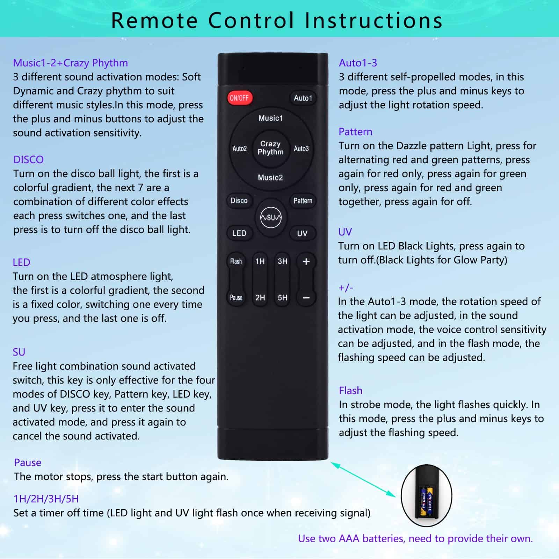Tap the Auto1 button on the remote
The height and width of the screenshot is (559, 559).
coord(303,98)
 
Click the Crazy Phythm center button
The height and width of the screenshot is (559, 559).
coord(271,148)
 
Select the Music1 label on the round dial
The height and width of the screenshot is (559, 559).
coord(271,118)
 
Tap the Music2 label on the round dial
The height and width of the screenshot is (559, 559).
coord(270,177)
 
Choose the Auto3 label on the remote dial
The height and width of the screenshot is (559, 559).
coord(301,148)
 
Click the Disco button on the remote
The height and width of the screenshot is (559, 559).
coord(239,201)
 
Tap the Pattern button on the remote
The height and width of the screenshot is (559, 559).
coord(303,201)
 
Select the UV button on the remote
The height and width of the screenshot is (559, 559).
coord(303,233)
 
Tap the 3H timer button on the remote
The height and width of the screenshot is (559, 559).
coord(282,261)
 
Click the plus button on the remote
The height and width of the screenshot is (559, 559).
coord(306,261)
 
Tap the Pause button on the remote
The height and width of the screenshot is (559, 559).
coord(236,298)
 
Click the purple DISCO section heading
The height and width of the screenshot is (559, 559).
coord(28,160)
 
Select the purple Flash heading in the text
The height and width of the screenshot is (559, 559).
coord(350,390)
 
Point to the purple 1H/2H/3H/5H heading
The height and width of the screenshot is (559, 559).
coord(46,499)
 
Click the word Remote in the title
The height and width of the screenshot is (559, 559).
coord(155,20)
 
